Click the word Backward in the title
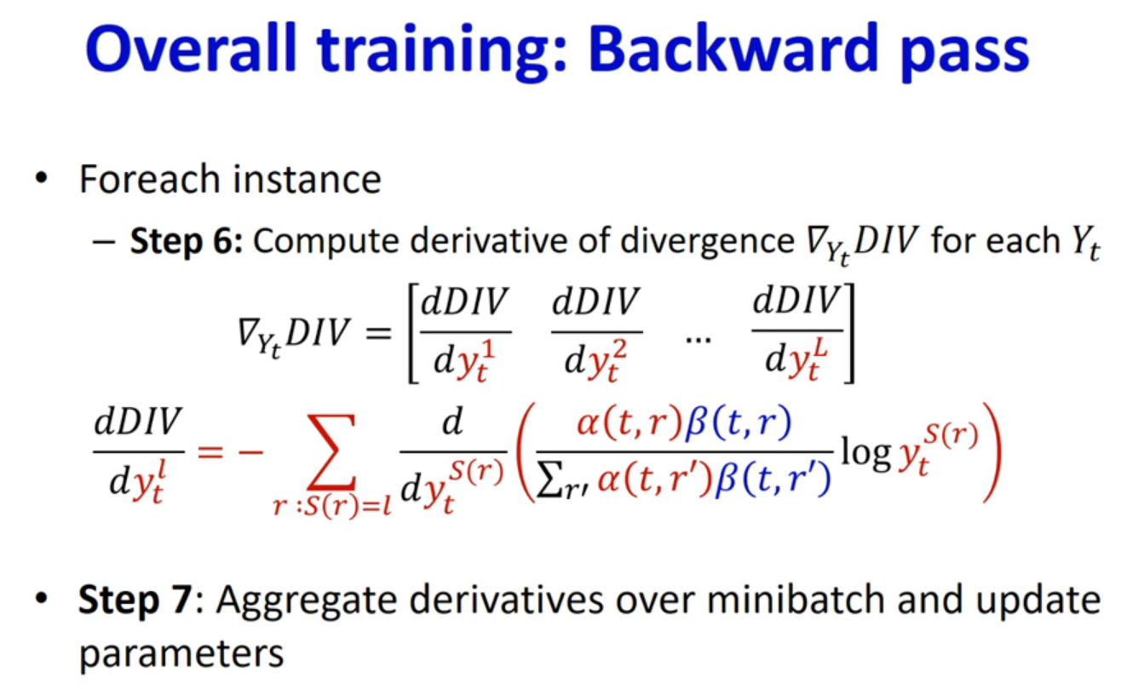733,49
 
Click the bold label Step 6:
187,241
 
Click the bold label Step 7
135,600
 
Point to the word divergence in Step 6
707,242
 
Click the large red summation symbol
332,451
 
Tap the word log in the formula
865,454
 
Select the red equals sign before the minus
210,451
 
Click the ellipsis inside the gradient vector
699,341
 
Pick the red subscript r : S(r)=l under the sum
332,505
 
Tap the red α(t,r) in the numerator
630,422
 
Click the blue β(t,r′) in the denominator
772,480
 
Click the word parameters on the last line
181,654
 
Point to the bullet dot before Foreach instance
41,178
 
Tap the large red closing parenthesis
992,451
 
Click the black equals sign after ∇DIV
378,333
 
